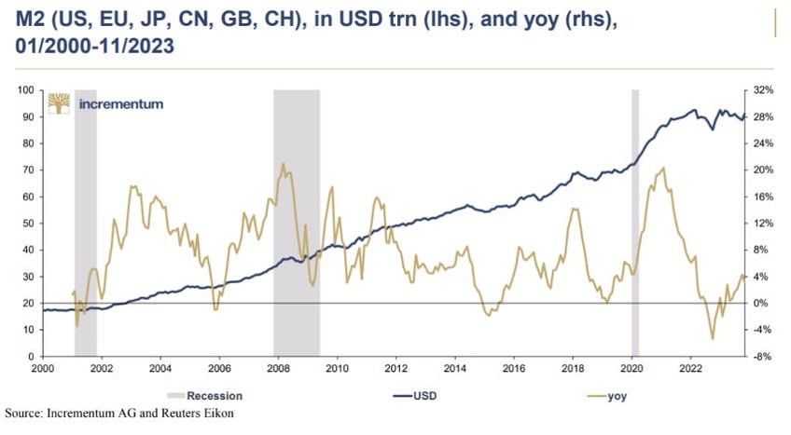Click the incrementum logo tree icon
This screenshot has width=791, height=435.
coord(60,103)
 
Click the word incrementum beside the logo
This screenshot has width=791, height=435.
coord(121,103)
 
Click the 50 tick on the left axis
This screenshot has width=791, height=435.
coord(28,224)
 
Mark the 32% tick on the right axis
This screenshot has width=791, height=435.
coord(764,90)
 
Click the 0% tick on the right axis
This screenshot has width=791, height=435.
coord(761,304)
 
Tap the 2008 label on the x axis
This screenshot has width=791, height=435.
coord(276,368)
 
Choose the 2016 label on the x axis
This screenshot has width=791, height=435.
coord(513,368)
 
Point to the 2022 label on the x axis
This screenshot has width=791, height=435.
coord(690,368)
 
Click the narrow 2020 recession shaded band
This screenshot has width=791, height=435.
coord(635,224)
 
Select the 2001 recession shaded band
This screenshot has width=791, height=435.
coord(85,224)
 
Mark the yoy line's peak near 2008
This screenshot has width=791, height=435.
coord(283,164)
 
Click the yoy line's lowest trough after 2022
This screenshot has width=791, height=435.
coord(712,339)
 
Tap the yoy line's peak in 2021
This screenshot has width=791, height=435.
coord(662,169)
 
